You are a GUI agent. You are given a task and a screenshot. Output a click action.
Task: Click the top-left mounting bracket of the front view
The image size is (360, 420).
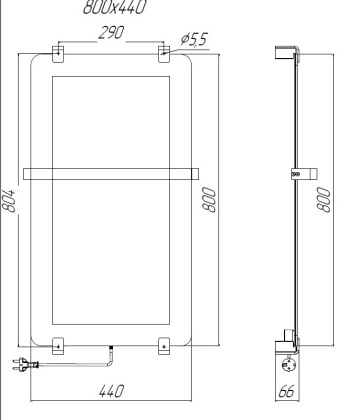(57, 51)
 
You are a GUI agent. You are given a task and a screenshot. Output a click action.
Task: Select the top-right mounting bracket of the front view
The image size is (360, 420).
(165, 51)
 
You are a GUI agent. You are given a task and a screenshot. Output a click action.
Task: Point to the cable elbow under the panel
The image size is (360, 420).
(110, 348)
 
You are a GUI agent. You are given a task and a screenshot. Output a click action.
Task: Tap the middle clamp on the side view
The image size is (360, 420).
(295, 173)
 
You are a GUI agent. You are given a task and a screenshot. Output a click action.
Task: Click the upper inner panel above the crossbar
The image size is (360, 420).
(111, 115)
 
